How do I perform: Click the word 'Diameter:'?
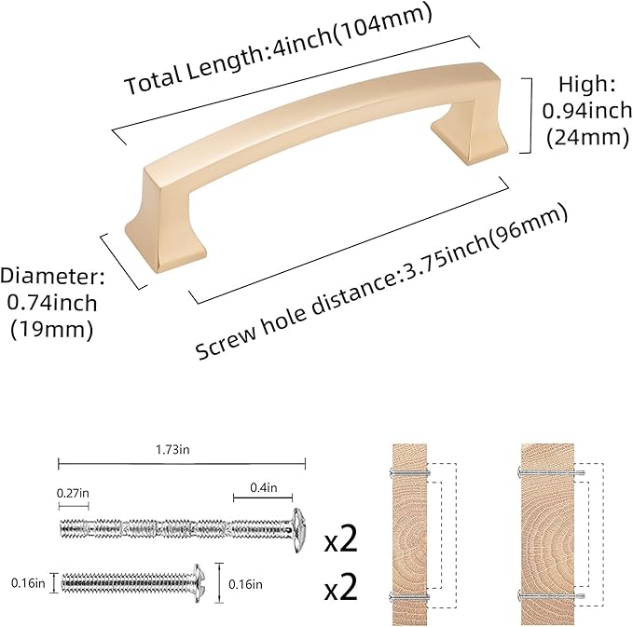52,277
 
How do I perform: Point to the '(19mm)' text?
52,328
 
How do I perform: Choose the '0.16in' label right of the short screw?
245,583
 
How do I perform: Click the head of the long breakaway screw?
299,527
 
